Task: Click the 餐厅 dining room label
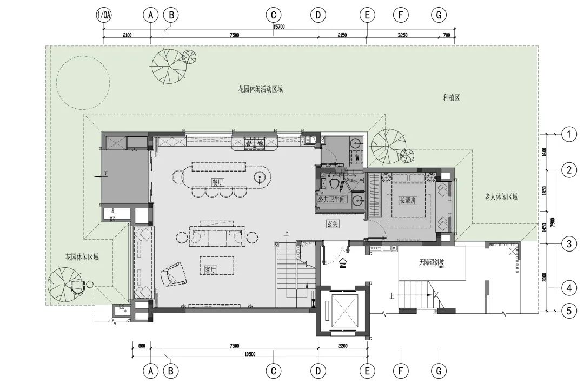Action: point(218,182)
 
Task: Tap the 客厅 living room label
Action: point(211,269)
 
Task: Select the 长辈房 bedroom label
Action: point(408,201)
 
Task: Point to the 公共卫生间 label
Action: point(331,199)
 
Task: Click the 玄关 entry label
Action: point(333,224)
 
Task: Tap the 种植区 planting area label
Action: point(452,97)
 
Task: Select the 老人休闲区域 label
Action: point(501,197)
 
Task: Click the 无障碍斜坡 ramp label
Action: point(432,262)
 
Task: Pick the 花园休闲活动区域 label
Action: point(261,89)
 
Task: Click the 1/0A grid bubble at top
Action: point(104,15)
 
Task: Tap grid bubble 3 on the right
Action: point(569,244)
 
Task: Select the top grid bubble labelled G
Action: point(439,15)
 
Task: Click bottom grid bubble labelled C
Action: point(274,371)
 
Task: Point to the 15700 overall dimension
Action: point(279,27)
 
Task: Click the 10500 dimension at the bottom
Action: point(250,354)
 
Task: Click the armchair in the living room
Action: point(172,274)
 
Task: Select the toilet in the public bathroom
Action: point(335,182)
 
